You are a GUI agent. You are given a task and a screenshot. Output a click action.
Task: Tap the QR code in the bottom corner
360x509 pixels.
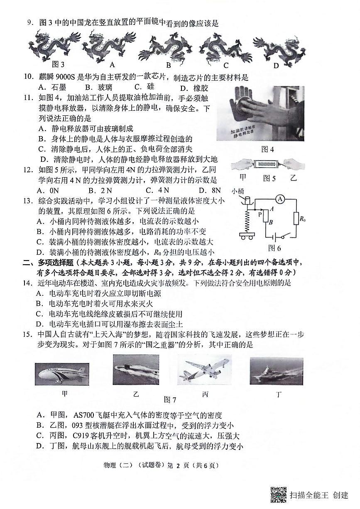click(x=279, y=494)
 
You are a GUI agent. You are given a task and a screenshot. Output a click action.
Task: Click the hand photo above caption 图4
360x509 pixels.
click(x=266, y=113)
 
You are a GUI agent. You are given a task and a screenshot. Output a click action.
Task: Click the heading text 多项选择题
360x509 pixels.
click(x=55, y=262)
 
